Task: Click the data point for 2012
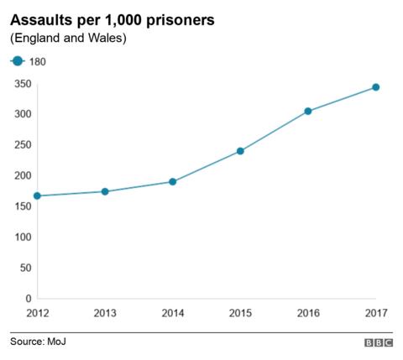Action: click(38, 196)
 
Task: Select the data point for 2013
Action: click(105, 191)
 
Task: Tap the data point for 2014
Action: click(172, 181)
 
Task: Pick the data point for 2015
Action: click(240, 151)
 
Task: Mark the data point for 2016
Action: click(308, 111)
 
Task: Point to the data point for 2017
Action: click(375, 87)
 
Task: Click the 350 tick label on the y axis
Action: click(23, 84)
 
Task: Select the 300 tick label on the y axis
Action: click(23, 114)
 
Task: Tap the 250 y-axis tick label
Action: click(23, 145)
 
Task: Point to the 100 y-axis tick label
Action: click(23, 237)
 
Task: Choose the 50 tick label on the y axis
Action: click(25, 268)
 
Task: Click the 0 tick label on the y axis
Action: click(28, 299)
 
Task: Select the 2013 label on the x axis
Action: click(105, 314)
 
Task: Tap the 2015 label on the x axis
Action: click(240, 314)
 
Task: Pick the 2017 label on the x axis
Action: click(374, 314)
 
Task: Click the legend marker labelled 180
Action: click(17, 61)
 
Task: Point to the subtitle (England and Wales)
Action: click(67, 39)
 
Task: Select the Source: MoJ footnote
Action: click(39, 342)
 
